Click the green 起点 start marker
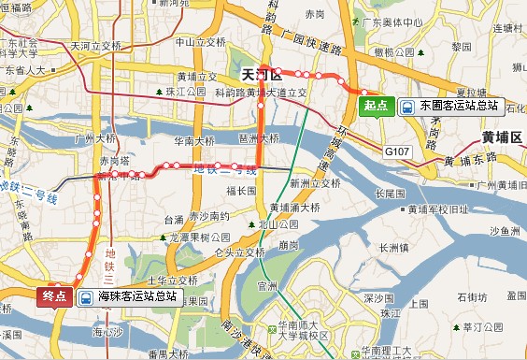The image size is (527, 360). pyautogui.click(x=377, y=106)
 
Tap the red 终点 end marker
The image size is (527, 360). pyautogui.click(x=55, y=295)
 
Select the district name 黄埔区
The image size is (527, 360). pyautogui.click(x=502, y=137)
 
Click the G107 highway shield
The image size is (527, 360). pyautogui.click(x=398, y=149)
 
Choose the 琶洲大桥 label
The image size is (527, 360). pyautogui.click(x=259, y=137)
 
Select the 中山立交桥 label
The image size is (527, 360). pyautogui.click(x=201, y=42)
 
